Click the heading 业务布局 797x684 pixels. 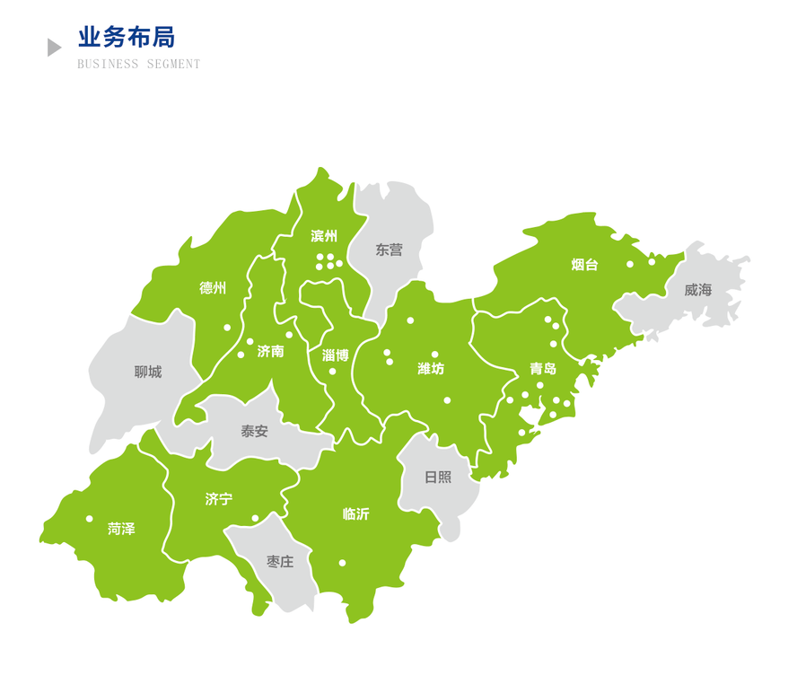click(x=126, y=38)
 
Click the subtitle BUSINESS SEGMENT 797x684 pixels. click(x=139, y=65)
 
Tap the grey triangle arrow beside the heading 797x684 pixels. click(x=54, y=48)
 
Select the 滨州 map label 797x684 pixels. click(x=324, y=236)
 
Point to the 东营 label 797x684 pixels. click(x=390, y=250)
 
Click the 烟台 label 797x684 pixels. click(x=584, y=265)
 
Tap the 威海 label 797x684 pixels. click(x=697, y=290)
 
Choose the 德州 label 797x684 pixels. click(x=213, y=288)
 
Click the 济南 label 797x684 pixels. click(x=270, y=351)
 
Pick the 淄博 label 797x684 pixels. click(x=335, y=355)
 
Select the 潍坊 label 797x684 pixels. click(x=431, y=368)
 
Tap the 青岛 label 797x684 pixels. click(x=543, y=368)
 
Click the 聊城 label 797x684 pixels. click(x=148, y=372)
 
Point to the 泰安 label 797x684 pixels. click(x=254, y=431)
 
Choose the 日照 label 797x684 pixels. click(x=438, y=477)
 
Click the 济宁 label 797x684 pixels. click(x=218, y=499)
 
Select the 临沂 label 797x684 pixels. click(x=355, y=514)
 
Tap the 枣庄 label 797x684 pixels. click(x=280, y=562)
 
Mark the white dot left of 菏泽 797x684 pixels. click(x=89, y=519)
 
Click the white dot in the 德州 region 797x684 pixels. click(x=227, y=328)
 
